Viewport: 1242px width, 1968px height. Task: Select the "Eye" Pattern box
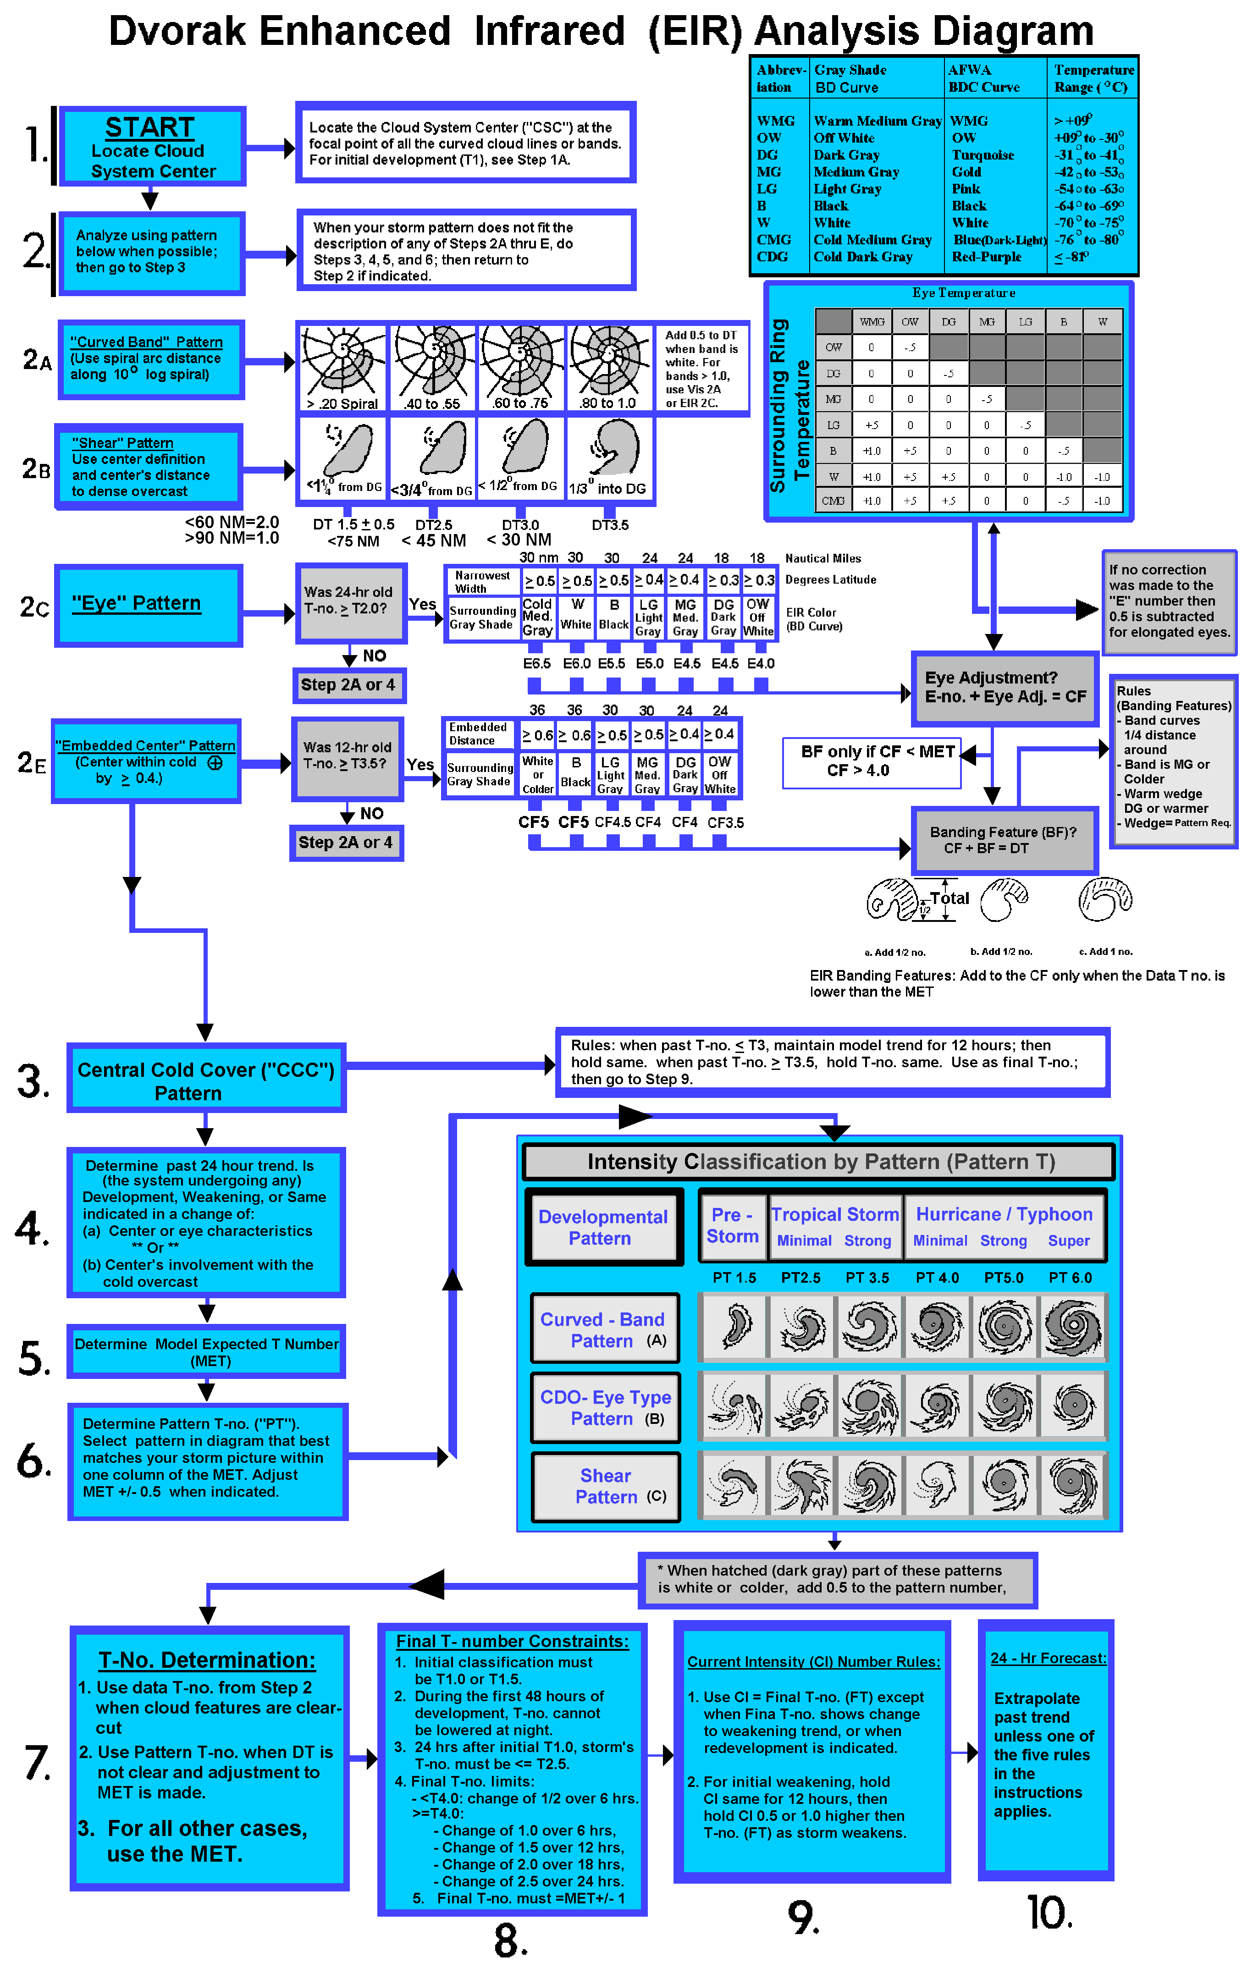148,605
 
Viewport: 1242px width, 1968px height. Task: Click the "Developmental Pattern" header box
603,1228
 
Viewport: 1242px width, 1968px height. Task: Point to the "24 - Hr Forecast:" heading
1048,1658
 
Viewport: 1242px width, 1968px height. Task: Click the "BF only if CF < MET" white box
871,762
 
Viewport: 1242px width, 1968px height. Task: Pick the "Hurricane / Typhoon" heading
1004,1214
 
